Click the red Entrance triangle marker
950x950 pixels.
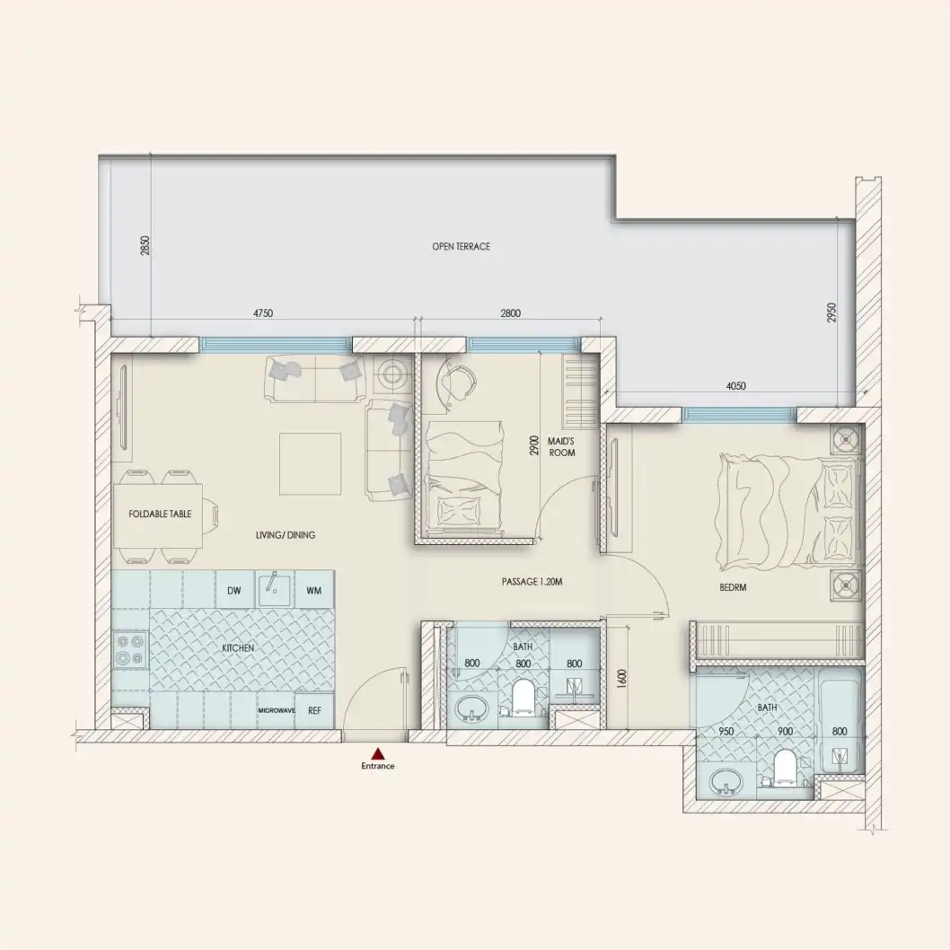(x=378, y=754)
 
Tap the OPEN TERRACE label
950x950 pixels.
(x=461, y=246)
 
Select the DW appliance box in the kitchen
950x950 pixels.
(x=233, y=590)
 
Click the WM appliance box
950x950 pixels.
(x=313, y=590)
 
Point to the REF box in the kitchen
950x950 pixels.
(x=314, y=710)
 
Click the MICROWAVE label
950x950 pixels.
(x=276, y=710)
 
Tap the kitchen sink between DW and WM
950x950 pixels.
(x=274, y=589)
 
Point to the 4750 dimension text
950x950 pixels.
(x=262, y=314)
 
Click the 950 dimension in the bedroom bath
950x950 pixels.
(x=726, y=732)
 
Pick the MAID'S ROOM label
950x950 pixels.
(x=561, y=446)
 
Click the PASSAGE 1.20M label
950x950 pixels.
(x=532, y=583)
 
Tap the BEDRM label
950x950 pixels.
(x=733, y=588)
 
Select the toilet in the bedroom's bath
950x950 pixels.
(x=785, y=769)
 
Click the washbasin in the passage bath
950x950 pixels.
(x=469, y=709)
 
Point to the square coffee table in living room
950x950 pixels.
(x=310, y=463)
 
